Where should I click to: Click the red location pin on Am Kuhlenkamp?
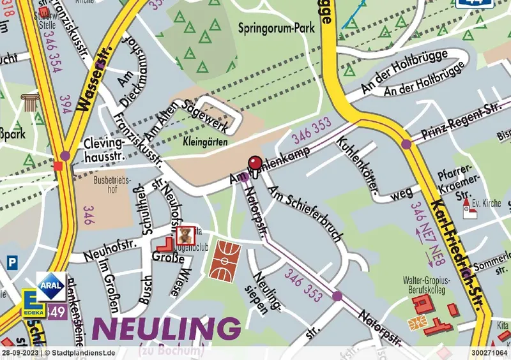[x=254, y=163]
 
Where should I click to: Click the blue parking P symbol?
[x=11, y=261]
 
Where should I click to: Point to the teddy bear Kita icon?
[x=185, y=233]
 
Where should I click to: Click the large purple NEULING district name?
[x=167, y=329]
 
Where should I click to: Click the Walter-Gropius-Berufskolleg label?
[x=427, y=285]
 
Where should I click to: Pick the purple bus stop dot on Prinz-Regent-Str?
[x=406, y=144]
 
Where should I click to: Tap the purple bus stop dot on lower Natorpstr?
[x=337, y=296]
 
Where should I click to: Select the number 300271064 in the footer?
[x=489, y=352]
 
